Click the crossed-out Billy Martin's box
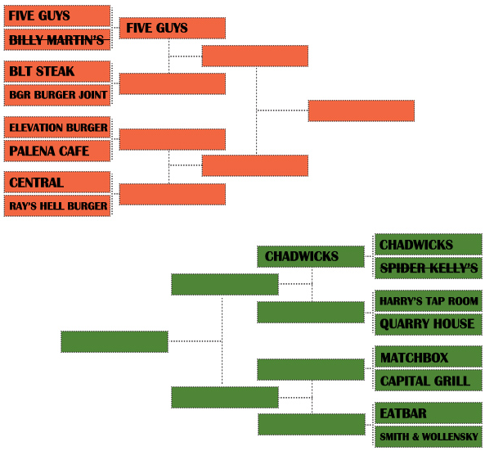(x=57, y=39)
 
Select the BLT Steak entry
(x=57, y=71)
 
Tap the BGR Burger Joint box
(x=57, y=95)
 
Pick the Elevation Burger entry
(x=57, y=127)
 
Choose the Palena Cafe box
(x=57, y=151)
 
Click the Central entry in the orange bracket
(x=57, y=183)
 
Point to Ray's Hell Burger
(x=57, y=205)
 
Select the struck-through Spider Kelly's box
(x=429, y=268)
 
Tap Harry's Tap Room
(x=429, y=301)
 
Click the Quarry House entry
(x=429, y=324)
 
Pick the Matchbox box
(x=429, y=357)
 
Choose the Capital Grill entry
(x=429, y=381)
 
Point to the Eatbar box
(x=429, y=413)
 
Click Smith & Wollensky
(x=429, y=436)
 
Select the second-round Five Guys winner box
(x=173, y=28)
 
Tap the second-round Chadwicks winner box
(x=311, y=257)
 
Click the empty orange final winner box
(x=362, y=110)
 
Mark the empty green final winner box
(x=115, y=342)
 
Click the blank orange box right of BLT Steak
(x=173, y=83)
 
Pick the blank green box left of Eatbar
(x=312, y=424)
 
